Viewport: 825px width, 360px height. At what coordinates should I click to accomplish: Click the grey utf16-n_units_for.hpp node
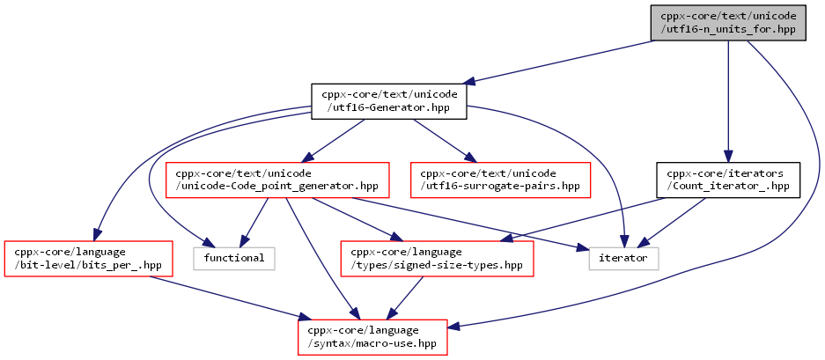click(x=728, y=23)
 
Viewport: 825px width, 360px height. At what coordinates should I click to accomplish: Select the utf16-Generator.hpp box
click(x=389, y=101)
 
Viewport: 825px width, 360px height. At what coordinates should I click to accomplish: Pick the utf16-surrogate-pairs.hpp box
click(x=500, y=180)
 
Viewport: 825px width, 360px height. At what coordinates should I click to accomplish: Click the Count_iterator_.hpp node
click(x=728, y=180)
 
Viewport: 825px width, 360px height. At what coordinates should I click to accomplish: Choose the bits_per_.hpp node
click(x=88, y=259)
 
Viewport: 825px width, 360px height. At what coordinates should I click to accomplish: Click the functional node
click(x=234, y=259)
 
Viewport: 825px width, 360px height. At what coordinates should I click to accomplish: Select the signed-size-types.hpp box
click(x=438, y=259)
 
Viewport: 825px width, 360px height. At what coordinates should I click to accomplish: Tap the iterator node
click(x=623, y=259)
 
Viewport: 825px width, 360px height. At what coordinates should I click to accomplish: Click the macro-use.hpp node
click(x=372, y=337)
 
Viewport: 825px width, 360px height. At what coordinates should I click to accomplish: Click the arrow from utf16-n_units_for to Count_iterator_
click(x=728, y=101)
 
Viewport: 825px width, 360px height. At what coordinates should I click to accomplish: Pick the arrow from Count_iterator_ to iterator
click(x=672, y=222)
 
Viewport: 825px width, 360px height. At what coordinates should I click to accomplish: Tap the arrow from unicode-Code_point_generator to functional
click(x=254, y=222)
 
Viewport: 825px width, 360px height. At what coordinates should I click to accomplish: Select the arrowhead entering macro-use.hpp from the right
click(x=454, y=327)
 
